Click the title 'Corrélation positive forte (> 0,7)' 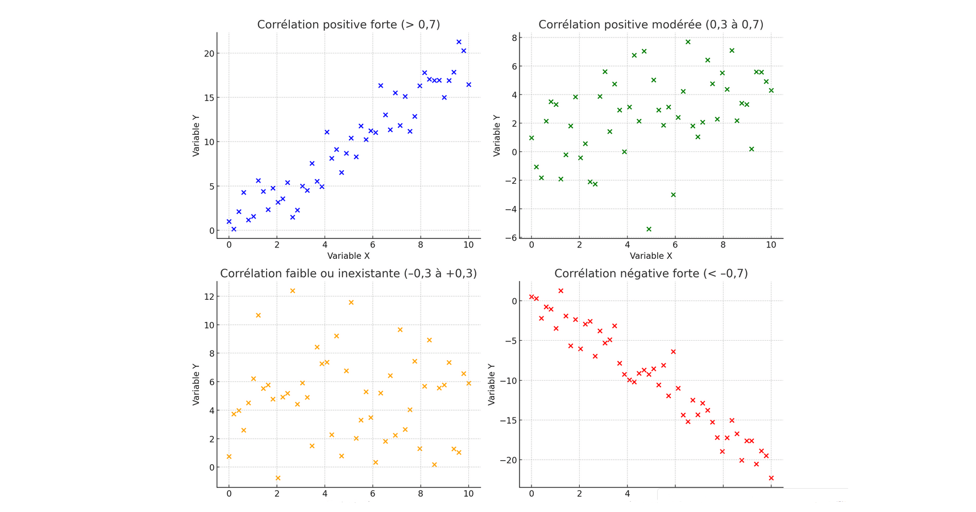click(x=348, y=24)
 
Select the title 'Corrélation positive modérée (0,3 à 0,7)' click(x=651, y=24)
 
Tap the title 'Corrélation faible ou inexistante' click(x=348, y=274)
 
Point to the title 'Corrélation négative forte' click(x=651, y=274)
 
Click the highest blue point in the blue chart click(x=459, y=42)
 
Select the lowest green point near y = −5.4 click(x=649, y=229)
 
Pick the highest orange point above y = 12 click(x=293, y=291)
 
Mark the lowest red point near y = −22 click(x=771, y=478)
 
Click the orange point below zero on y click(x=278, y=478)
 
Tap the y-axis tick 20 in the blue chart click(x=209, y=53)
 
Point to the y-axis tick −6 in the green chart click(x=510, y=238)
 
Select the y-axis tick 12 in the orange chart click(x=209, y=296)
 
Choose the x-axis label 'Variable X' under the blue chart click(x=348, y=256)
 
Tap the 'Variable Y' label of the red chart click(x=492, y=384)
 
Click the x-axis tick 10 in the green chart click(x=771, y=245)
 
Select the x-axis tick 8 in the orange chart click(x=420, y=494)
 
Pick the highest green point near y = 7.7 click(x=688, y=42)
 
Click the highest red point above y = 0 click(x=560, y=291)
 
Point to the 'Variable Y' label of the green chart click(x=497, y=135)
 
